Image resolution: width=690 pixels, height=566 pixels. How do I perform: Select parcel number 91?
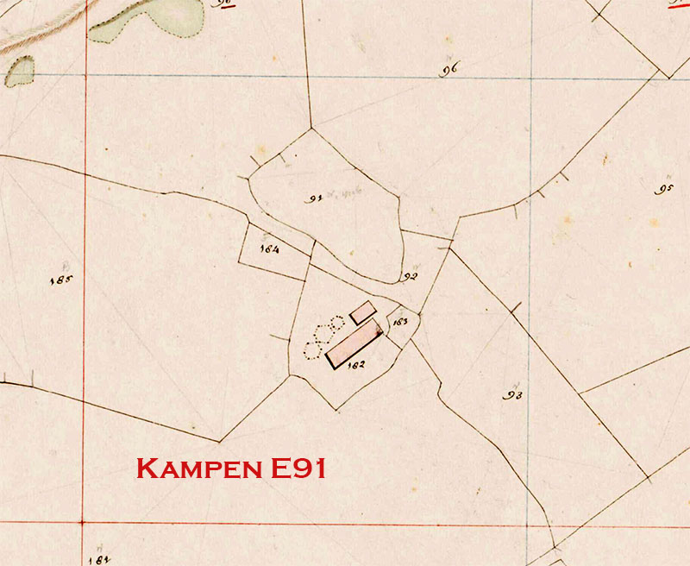pos(315,198)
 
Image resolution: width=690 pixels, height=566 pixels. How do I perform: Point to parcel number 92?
pos(409,277)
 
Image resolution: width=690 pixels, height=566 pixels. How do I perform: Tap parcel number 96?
pos(448,70)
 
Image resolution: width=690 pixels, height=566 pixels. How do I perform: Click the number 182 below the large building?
pos(354,364)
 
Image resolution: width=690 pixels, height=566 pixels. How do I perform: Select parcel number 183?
pos(399,322)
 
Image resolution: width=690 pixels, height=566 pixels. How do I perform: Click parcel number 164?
pos(269,250)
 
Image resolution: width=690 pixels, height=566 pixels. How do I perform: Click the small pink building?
pos(362,312)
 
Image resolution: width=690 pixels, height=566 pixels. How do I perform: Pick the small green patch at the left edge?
pos(20,72)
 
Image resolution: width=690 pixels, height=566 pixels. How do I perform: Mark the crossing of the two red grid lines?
pos(83,523)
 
